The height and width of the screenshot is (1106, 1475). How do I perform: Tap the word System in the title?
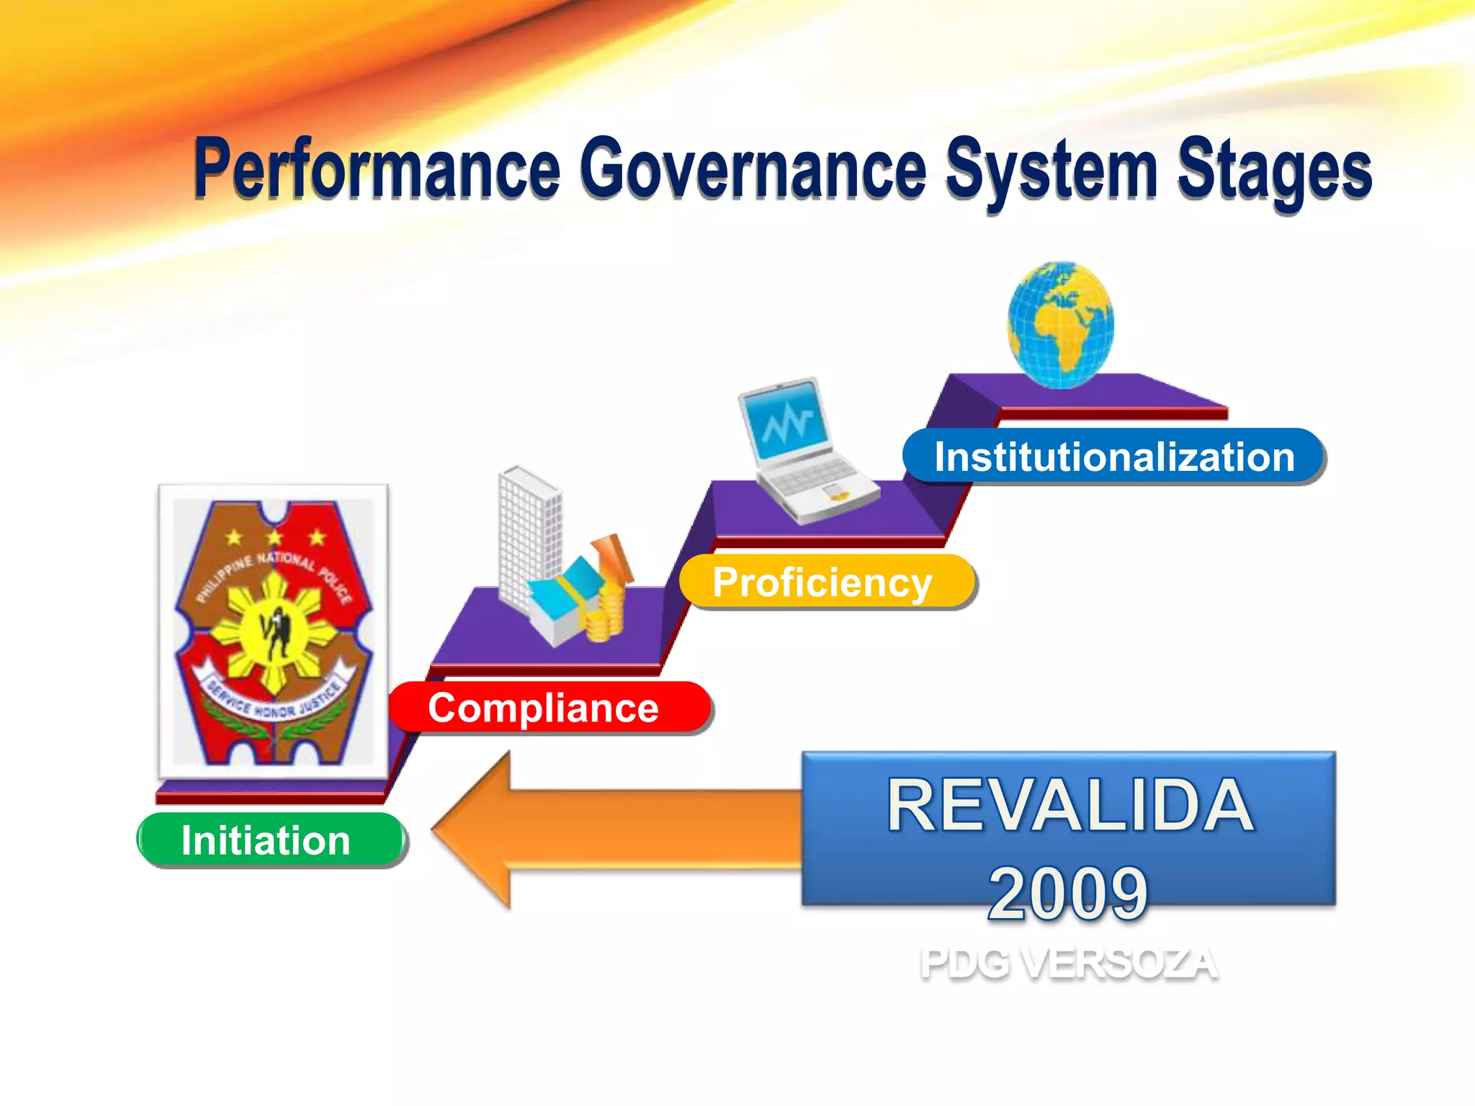pos(1052,170)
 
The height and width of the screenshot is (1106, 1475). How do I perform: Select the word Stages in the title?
pos(1275,170)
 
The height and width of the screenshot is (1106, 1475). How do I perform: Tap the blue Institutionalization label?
pos(1113,457)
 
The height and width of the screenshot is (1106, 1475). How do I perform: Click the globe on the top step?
pos(1061,324)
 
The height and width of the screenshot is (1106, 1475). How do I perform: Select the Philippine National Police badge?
pos(274,631)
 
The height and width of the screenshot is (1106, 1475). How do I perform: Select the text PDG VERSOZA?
pos(1069,963)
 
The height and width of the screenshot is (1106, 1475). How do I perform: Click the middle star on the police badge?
pos(274,538)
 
